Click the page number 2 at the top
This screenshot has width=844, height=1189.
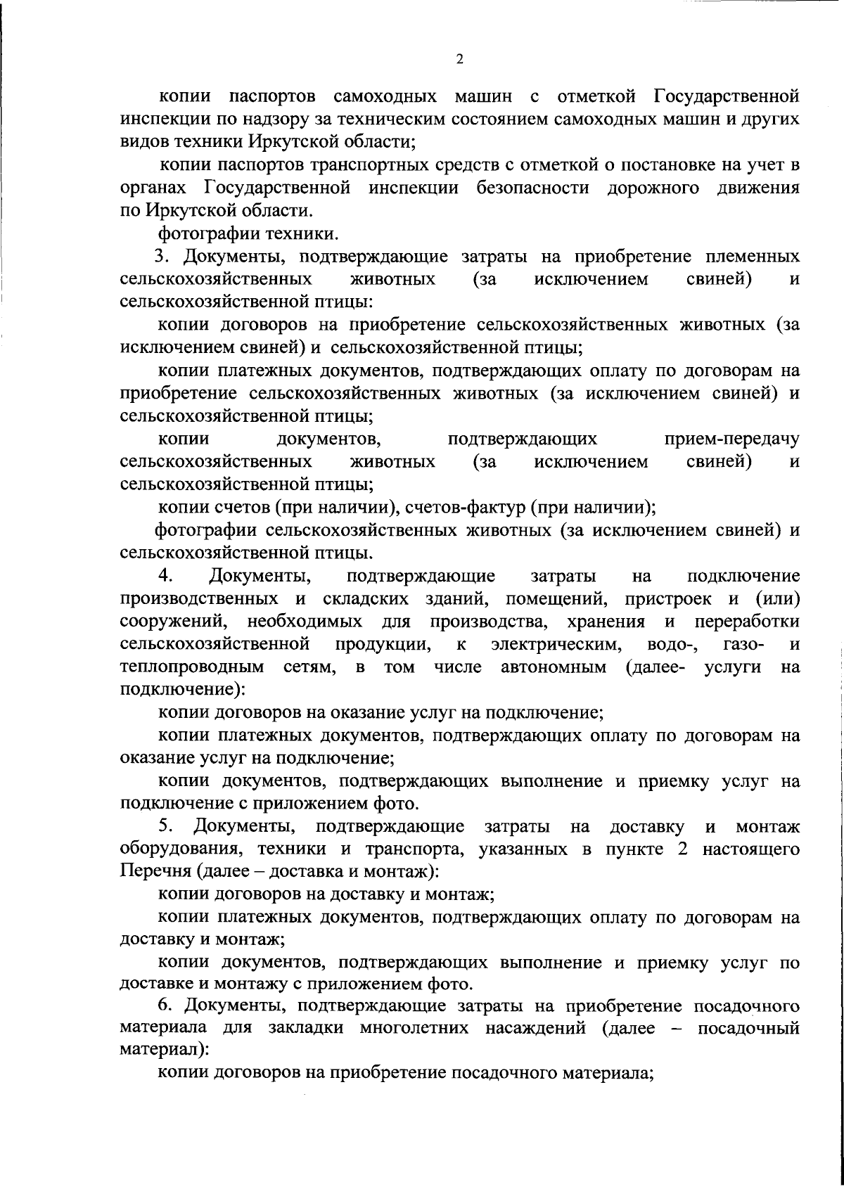(x=459, y=60)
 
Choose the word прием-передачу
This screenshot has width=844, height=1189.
(x=731, y=440)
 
